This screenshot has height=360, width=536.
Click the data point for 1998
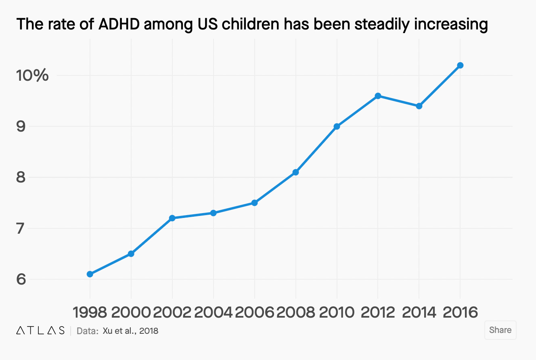90,274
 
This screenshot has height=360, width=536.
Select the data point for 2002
172,218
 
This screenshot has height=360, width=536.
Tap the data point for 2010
337,126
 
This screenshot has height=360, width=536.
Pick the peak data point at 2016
460,65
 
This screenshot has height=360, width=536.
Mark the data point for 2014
419,106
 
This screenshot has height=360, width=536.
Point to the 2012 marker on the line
378,96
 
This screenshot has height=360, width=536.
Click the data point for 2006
254,203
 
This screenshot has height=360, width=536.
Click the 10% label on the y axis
32,75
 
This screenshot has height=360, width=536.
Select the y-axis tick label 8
21,177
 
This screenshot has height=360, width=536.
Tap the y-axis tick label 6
21,279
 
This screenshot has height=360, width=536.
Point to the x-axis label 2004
213,312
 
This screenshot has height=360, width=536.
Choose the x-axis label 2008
295,312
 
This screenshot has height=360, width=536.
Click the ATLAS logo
40,331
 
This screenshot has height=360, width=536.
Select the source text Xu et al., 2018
130,331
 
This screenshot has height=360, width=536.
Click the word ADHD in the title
117,25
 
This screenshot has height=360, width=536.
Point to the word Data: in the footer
87,331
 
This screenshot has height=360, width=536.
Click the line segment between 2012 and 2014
398,101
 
